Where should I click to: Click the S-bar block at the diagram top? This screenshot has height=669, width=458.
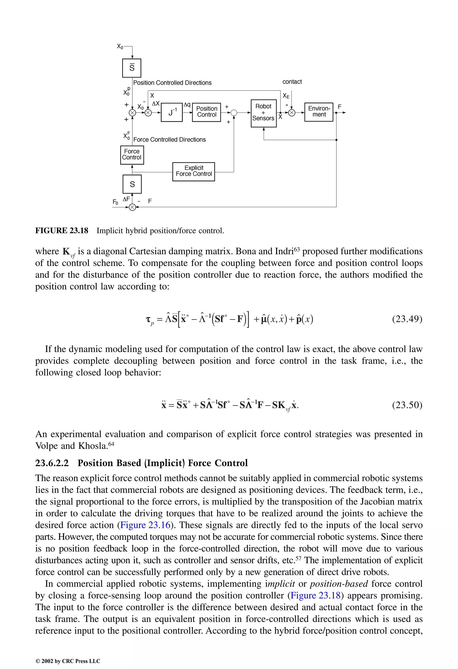tap(132, 68)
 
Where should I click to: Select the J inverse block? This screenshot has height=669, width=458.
tap(172, 112)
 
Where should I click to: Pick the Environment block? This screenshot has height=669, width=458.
tap(319, 112)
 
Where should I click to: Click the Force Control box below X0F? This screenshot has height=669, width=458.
tap(132, 155)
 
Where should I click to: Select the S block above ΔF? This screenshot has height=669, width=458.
tap(132, 184)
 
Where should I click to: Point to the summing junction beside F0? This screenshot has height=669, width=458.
tap(132, 207)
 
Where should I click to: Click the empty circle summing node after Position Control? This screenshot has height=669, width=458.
tap(234, 113)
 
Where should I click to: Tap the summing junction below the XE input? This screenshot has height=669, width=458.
tap(292, 113)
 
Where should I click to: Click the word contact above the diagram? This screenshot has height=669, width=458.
tap(292, 82)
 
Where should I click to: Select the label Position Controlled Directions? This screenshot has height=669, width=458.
tap(172, 83)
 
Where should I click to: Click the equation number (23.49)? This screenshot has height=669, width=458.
tap(407, 319)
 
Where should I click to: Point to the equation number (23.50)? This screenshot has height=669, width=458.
tap(407, 405)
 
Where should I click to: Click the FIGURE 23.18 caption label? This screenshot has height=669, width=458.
tap(62, 231)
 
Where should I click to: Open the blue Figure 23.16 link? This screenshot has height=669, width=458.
tap(145, 525)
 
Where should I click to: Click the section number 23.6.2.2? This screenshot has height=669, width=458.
tap(52, 463)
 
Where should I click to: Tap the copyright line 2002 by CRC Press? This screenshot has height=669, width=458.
tap(68, 661)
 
